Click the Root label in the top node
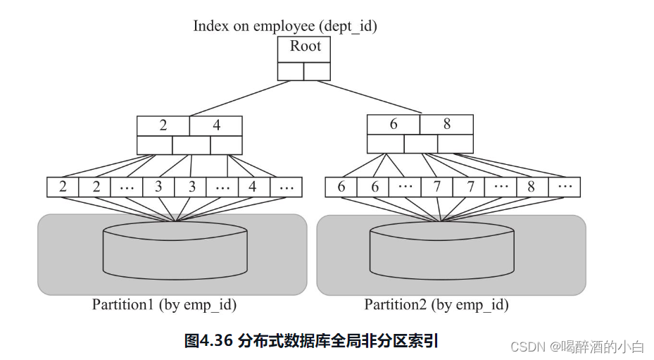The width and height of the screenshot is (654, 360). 304,47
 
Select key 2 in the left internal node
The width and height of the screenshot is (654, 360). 163,125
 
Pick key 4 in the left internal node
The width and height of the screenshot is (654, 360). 216,125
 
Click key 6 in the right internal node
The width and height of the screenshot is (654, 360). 394,124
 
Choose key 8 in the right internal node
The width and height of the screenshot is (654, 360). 446,124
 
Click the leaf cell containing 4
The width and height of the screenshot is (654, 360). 253,187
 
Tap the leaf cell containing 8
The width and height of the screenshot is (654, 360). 532,187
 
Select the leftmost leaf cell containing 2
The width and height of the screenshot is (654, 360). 63,187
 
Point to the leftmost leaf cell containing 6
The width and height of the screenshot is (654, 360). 341,187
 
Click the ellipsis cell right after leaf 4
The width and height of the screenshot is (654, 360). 286,187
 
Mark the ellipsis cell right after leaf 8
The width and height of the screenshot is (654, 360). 564,187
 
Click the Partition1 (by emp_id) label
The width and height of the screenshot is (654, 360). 164,304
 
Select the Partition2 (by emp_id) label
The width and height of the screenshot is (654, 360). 436,304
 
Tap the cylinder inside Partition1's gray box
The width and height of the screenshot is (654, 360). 175,252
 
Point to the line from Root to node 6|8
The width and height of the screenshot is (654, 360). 366,97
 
